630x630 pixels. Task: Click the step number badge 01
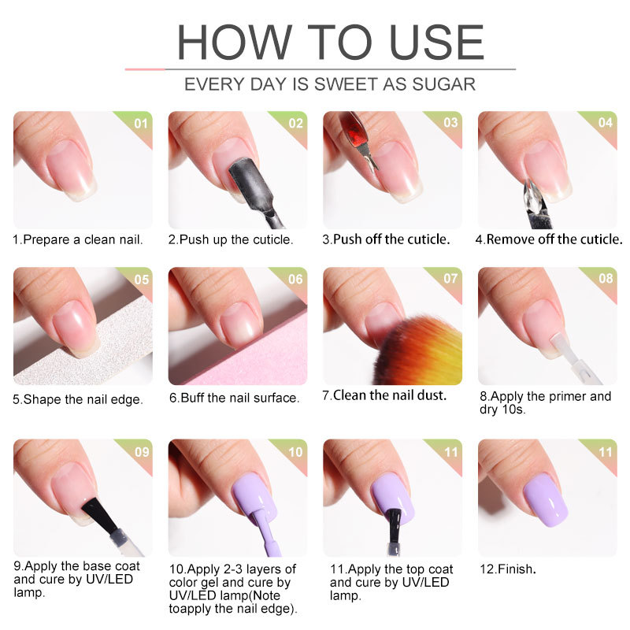(x=141, y=124)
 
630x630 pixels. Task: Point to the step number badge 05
(x=141, y=280)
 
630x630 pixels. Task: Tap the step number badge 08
(x=606, y=280)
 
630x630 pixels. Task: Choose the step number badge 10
(x=295, y=452)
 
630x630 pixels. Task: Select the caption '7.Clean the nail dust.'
(x=384, y=395)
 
